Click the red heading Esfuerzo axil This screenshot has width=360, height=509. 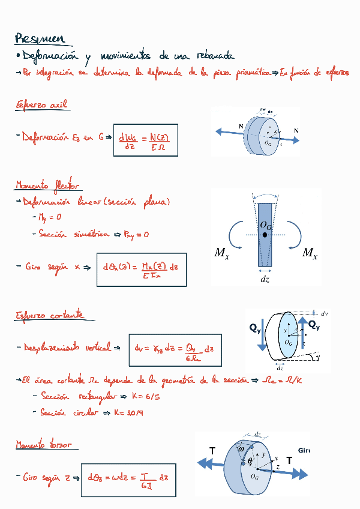pos(41,106)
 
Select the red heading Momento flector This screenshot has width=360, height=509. pos(47,185)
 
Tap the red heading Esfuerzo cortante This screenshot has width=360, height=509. pos(50,315)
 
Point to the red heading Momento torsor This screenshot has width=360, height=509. pos(44,445)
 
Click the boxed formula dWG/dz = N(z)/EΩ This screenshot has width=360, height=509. pos(145,140)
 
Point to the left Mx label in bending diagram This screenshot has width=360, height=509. pos(221,253)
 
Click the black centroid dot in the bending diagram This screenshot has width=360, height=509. pos(265,235)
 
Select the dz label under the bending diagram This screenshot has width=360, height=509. pos(265,279)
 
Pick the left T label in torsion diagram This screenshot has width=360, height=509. pos(212,450)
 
